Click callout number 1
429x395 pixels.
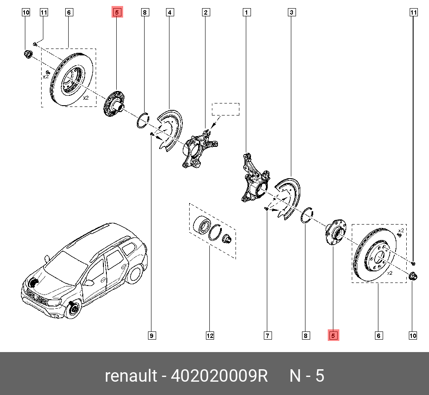247,12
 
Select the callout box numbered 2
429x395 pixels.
206,12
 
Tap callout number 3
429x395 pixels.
291,12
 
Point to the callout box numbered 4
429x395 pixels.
170,12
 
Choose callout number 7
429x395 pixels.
267,336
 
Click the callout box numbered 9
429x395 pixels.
151,336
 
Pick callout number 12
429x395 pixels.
210,336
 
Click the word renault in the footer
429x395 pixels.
130,376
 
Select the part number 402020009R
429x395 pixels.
219,376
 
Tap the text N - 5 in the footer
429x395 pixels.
307,376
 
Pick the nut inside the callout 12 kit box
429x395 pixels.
226,238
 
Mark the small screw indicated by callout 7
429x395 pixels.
266,209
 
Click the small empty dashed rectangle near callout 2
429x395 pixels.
227,109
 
